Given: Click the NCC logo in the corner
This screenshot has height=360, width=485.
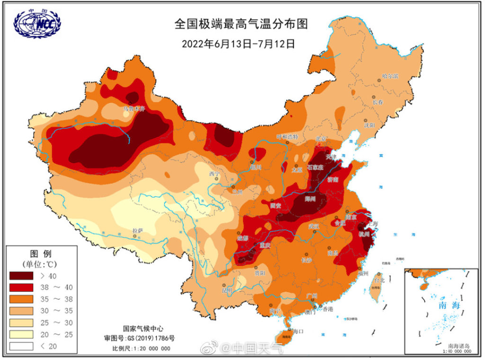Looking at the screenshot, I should [37, 25].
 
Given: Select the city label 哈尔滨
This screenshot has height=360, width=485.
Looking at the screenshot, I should [391, 76].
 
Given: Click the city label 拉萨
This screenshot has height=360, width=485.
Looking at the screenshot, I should [137, 231].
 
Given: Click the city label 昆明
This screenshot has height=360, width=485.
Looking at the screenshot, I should [228, 289].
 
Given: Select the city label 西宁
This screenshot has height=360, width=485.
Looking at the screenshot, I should [215, 174].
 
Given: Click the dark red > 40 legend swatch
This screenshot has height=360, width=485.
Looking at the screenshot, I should [21, 275].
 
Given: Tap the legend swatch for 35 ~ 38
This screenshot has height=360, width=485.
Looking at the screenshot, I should [21, 299].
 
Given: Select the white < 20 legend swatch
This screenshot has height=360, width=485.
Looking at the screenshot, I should [21, 346].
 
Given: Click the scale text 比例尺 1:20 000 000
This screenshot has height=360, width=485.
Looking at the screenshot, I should [141, 349].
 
